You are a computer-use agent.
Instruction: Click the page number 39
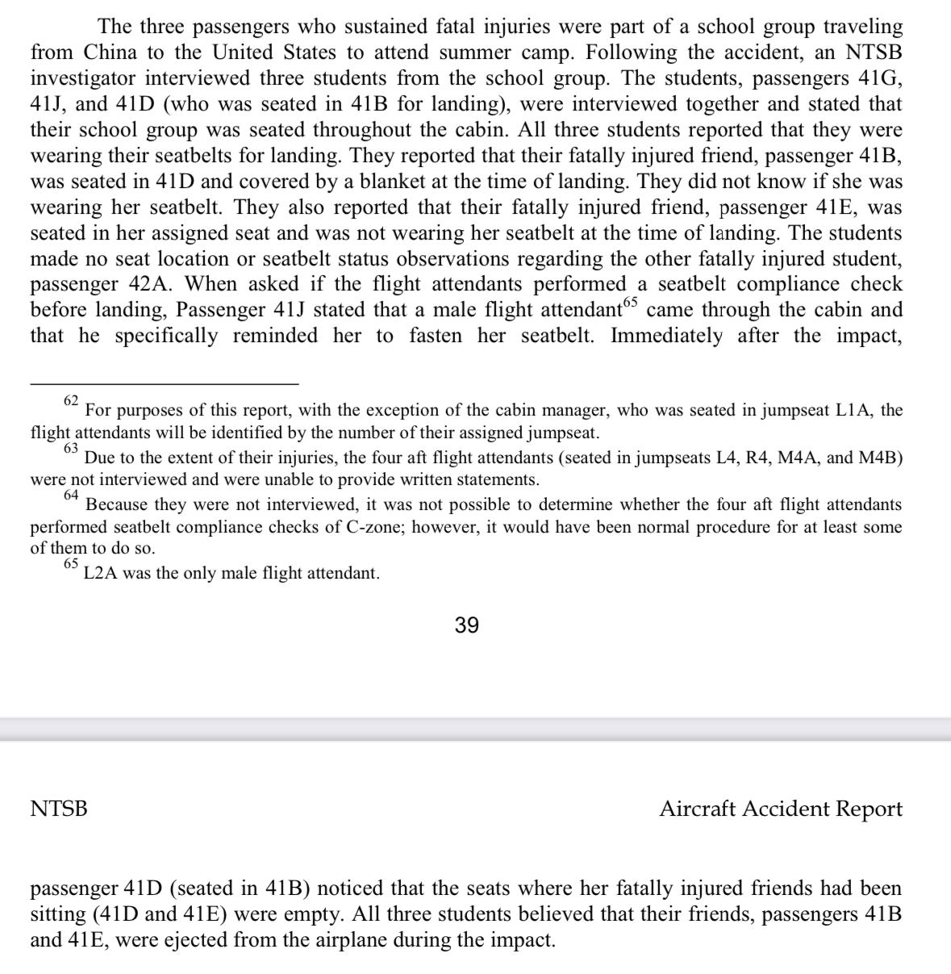(467, 625)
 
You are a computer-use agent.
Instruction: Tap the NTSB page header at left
(59, 809)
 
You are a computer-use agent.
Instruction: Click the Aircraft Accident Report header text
(780, 809)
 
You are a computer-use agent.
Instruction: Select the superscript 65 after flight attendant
(630, 303)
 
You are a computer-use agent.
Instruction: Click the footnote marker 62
(71, 400)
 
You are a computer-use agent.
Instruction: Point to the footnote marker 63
(71, 448)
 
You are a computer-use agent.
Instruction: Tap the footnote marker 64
(71, 495)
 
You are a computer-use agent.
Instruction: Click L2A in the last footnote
(101, 574)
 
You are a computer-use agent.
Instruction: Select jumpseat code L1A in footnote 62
(853, 410)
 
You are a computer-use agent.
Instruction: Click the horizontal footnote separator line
(165, 383)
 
